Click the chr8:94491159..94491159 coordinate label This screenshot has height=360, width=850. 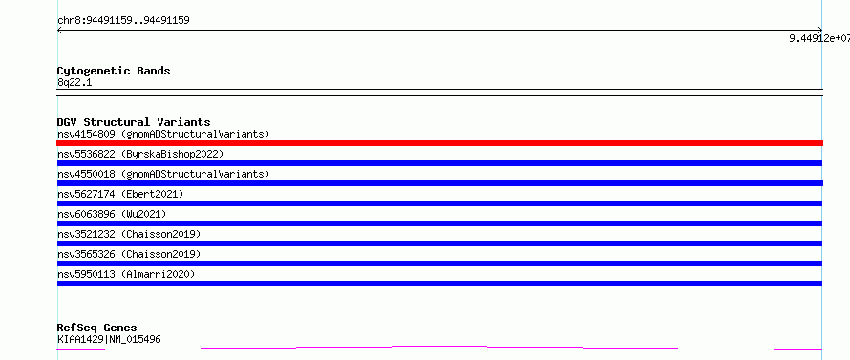[x=123, y=21]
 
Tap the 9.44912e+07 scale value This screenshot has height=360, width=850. [x=819, y=38]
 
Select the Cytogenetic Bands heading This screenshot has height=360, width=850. [x=114, y=71]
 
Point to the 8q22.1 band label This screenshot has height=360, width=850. [x=74, y=82]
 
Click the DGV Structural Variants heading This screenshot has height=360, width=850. [x=134, y=122]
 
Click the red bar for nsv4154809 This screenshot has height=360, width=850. [x=439, y=143]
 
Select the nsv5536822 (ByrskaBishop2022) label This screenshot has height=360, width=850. [x=140, y=154]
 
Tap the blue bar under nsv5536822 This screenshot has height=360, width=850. [x=439, y=163]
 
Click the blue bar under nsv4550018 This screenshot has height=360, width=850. [x=439, y=183]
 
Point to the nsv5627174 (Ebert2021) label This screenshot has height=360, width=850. [x=120, y=194]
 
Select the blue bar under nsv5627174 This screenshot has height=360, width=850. [x=439, y=203]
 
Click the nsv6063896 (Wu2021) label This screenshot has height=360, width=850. [x=112, y=214]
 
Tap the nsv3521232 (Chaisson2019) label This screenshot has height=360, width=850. [x=129, y=234]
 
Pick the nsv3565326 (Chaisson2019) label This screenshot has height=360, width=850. [x=129, y=254]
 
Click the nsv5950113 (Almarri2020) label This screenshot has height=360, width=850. [x=126, y=274]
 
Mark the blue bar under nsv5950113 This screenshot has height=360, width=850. [x=439, y=284]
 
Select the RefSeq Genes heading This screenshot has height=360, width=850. [x=96, y=328]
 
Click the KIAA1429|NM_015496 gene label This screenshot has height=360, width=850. [x=109, y=339]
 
